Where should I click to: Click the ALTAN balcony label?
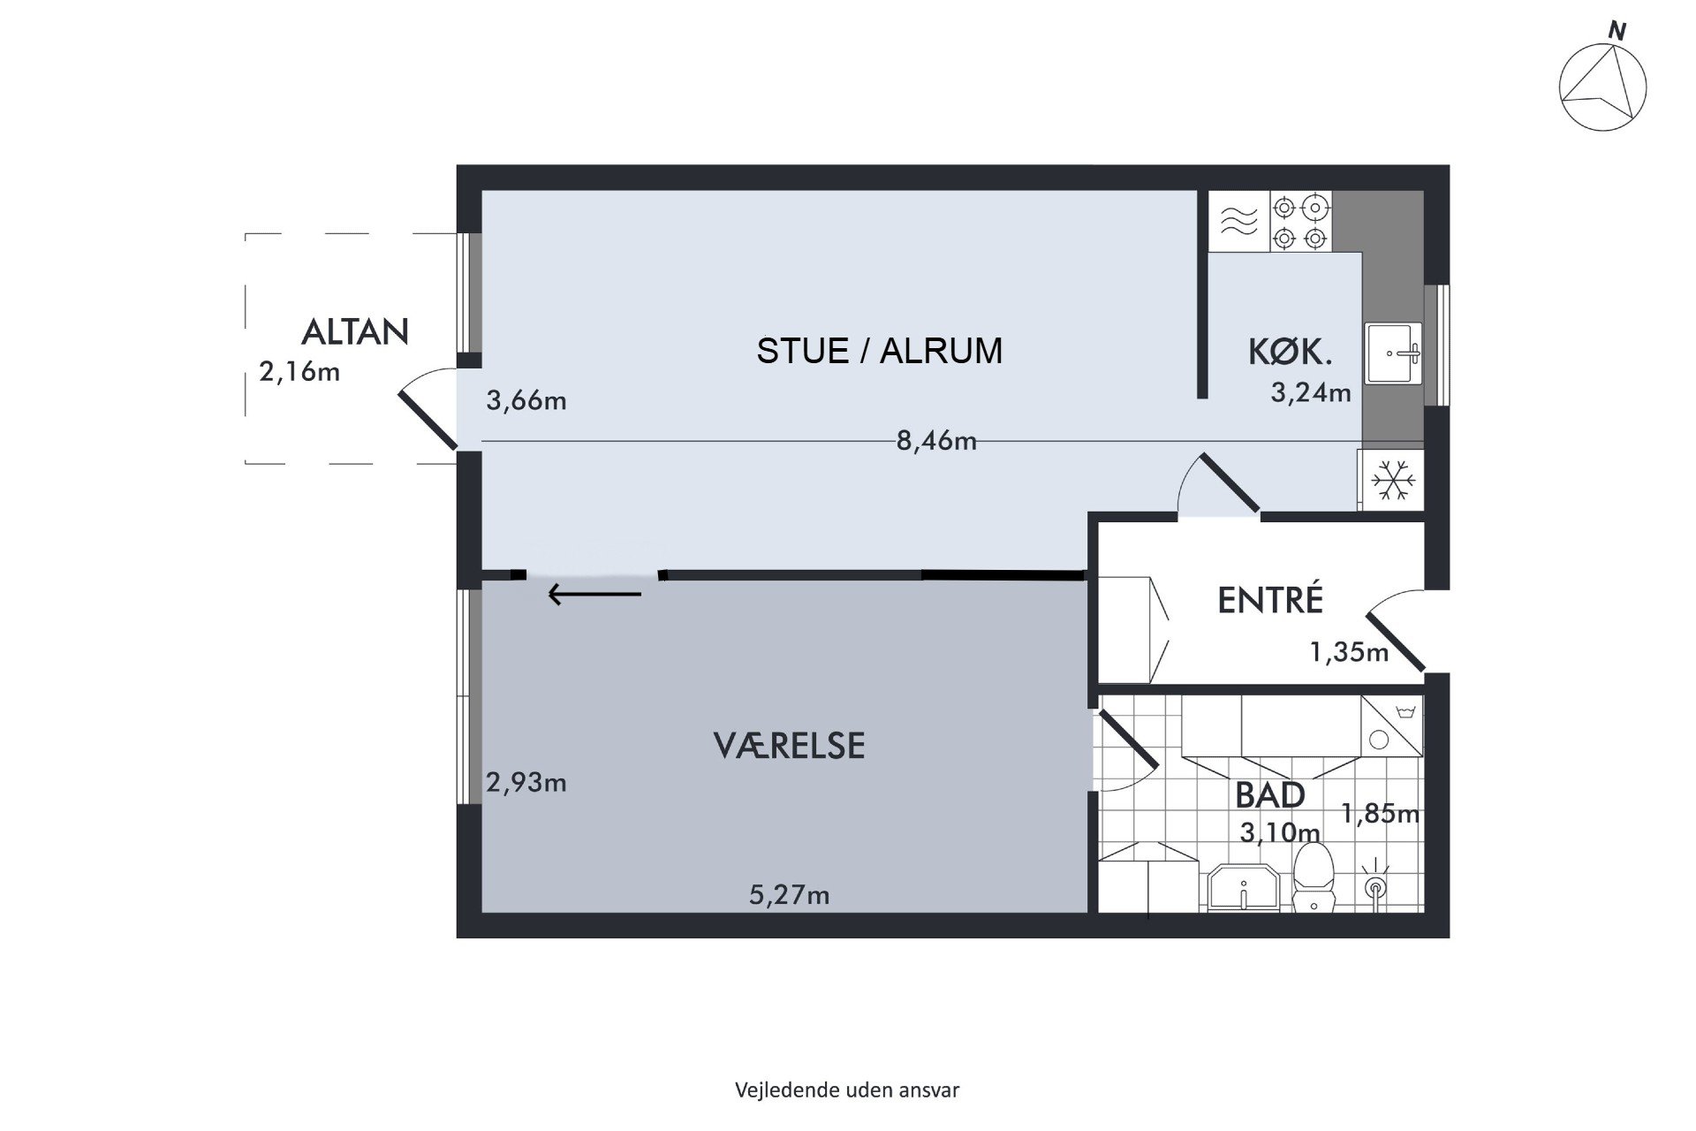coord(355,331)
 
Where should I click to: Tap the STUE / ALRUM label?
coord(880,351)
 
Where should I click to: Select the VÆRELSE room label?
coord(789,745)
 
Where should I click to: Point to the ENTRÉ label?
coord(1270,600)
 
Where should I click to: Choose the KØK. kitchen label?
coord(1290,353)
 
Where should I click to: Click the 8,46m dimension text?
coord(936,440)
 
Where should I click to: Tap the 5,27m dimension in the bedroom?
coord(790,895)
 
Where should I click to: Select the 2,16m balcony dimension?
coord(299,371)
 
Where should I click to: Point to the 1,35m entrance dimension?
coord(1349,652)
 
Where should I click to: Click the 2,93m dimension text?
coord(526,782)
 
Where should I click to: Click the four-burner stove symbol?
coord(1300,222)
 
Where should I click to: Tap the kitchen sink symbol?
coord(1394,353)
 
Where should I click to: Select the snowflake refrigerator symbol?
coord(1392,482)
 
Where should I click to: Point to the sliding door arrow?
coord(594,594)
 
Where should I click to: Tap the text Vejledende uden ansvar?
coord(847,1089)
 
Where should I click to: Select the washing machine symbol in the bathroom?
coord(1392,725)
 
